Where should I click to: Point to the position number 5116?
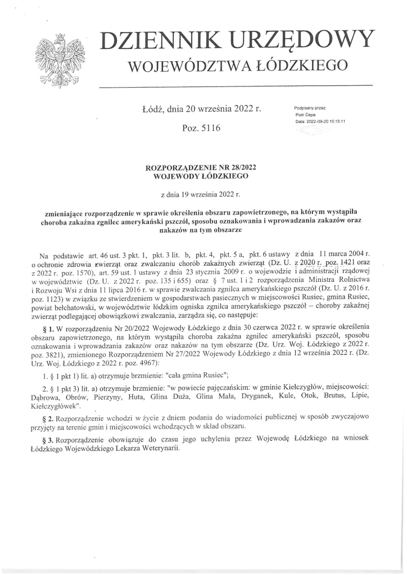coord(209,128)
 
